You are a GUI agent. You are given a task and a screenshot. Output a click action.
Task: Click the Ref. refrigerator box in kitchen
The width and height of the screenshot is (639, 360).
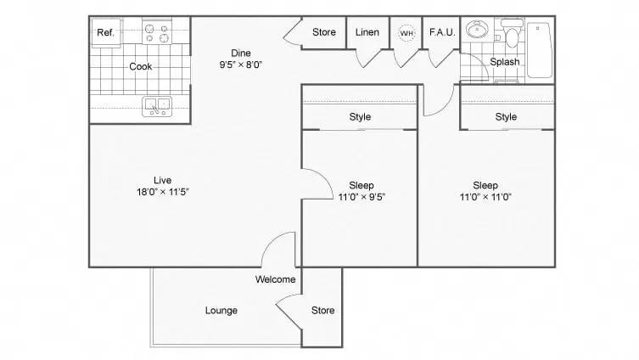[105, 33]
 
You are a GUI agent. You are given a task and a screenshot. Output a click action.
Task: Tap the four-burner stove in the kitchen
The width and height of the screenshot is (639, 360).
[157, 32]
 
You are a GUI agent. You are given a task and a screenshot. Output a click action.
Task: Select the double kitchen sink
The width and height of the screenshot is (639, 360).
[157, 106]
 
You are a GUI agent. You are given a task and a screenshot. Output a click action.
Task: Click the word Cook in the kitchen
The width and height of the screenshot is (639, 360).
[140, 66]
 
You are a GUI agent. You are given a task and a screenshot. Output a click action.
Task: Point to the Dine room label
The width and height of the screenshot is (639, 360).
[241, 53]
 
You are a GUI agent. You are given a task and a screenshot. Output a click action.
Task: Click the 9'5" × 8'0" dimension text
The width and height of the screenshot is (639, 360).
[241, 65]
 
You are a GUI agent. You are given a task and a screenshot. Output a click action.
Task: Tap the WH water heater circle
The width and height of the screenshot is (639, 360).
[406, 33]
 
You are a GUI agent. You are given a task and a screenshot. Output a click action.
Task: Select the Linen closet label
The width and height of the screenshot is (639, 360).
[367, 33]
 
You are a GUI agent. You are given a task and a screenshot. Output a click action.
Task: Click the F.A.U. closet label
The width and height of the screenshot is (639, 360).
[442, 33]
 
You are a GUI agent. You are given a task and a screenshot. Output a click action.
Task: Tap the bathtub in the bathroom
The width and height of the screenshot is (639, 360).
[540, 49]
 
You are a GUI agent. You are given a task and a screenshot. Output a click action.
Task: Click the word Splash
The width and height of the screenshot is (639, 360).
[505, 62]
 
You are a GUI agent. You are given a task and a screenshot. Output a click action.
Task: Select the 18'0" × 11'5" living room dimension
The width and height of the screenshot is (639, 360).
[163, 192]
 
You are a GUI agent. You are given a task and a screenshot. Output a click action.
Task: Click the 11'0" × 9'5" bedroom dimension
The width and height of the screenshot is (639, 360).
[361, 197]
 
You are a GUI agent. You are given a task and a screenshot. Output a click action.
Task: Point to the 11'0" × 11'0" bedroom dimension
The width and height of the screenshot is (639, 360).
[485, 197]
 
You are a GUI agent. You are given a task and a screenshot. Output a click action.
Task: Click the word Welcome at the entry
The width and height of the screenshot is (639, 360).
[275, 279]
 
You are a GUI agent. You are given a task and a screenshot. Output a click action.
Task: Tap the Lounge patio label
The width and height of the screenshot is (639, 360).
[221, 311]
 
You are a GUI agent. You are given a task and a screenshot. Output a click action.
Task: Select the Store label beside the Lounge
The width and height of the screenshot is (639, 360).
[322, 311]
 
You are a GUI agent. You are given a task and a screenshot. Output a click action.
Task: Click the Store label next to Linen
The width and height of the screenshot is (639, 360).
[324, 33]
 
